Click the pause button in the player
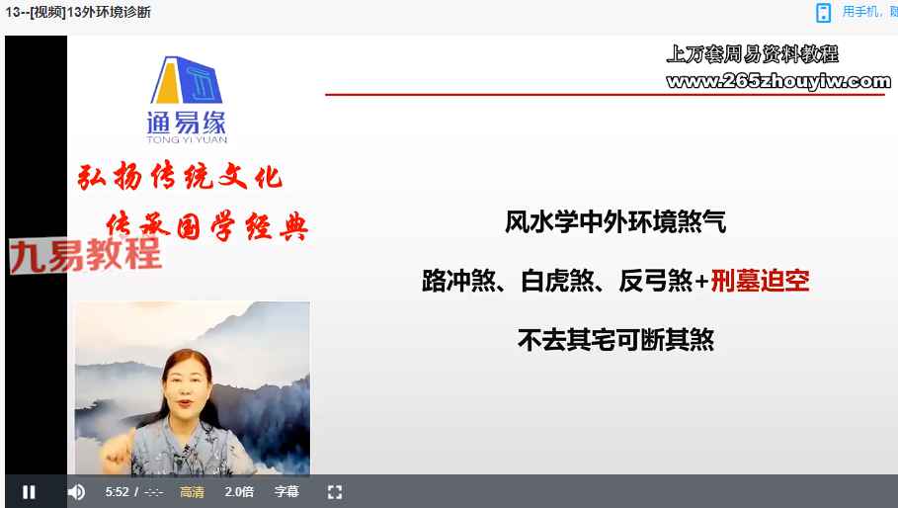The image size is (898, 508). click(x=29, y=492)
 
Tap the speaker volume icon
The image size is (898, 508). click(x=76, y=492)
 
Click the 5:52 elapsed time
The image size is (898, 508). click(x=117, y=492)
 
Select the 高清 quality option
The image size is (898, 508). click(x=192, y=492)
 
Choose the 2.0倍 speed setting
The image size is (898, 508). click(x=239, y=492)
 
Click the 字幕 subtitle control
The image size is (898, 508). click(x=286, y=492)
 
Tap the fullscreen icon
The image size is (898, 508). click(x=335, y=492)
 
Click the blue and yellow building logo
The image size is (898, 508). click(x=186, y=80)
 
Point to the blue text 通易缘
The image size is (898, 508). click(x=187, y=122)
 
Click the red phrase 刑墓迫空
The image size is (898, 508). click(x=760, y=281)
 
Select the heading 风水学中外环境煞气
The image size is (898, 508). click(x=615, y=222)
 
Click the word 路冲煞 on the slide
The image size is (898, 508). click(x=458, y=281)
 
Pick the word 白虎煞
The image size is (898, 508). click(x=558, y=281)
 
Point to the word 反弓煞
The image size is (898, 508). click(x=656, y=281)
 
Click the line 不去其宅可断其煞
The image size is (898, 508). click(x=615, y=340)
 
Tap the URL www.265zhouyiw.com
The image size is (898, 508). click(x=778, y=81)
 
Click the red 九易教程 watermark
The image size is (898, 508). click(x=85, y=254)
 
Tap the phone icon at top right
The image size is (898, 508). click(x=823, y=13)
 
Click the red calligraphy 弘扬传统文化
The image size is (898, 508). click(x=180, y=176)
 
